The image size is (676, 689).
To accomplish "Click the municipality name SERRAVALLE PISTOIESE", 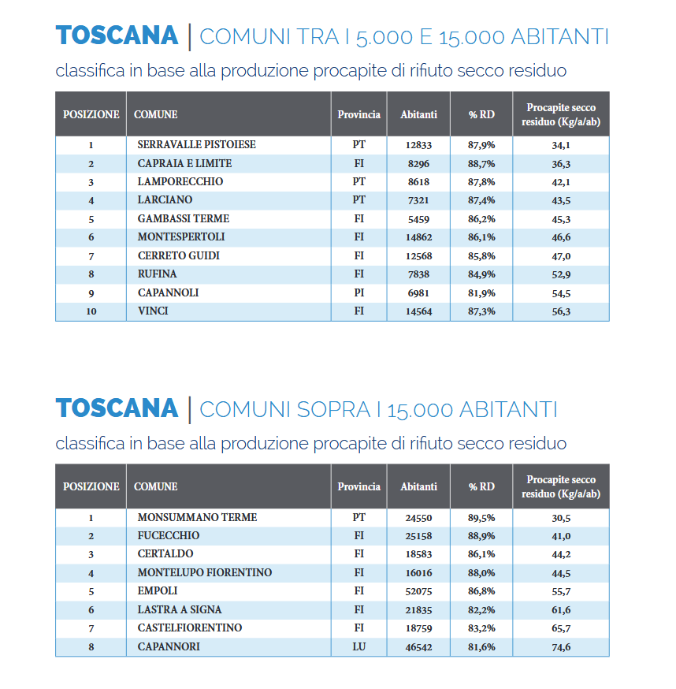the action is pos(196,145).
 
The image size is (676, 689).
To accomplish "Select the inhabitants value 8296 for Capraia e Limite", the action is pos(418,164).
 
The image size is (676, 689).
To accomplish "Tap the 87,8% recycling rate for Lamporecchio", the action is pos(481,182).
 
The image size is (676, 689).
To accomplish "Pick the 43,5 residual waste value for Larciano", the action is pos(561,201).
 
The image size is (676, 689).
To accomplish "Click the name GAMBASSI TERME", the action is pos(183,219).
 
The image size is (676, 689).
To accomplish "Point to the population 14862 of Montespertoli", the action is pos(418,237).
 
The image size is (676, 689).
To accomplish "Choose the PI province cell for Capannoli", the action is pos(358,293).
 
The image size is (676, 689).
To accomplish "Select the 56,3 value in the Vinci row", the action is pos(561,311).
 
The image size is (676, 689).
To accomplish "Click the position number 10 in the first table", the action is pos(91,311).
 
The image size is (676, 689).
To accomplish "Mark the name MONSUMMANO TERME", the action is pos(197,518).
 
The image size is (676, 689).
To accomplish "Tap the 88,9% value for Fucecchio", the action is pos(481,536).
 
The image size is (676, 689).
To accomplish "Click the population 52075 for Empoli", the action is pos(418,591).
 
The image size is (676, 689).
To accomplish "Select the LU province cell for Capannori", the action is pos(358,647).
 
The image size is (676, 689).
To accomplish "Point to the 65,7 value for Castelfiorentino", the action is pos(561,628).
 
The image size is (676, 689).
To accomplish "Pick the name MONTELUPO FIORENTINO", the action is pos(204,573).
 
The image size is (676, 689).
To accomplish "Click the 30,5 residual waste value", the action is pos(561,518).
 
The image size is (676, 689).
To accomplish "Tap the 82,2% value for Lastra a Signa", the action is pos(481,610).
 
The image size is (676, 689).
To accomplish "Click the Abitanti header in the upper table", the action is pos(418,114).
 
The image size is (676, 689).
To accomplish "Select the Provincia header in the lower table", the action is pos(358,486).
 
